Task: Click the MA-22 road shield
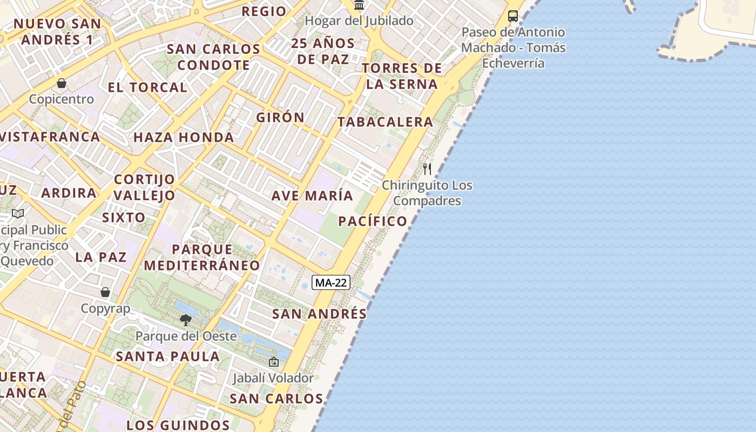point(331,282)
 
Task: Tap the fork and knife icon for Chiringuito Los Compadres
point(427,168)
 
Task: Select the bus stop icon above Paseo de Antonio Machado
point(513,16)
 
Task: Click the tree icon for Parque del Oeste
point(186,320)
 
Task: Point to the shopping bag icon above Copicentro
point(62,83)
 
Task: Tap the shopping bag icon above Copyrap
point(105,292)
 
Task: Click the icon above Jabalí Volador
point(273,362)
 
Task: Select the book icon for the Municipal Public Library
point(18,214)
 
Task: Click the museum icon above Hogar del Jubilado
point(359,5)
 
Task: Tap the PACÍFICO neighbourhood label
point(373,221)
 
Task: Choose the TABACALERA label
point(386,122)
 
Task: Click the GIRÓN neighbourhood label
point(280,117)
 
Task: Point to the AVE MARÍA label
point(312,195)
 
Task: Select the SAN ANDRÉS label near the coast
point(319,314)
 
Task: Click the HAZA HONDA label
point(184,137)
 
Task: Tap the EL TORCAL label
point(147,87)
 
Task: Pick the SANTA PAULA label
point(168,356)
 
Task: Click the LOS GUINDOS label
point(178,425)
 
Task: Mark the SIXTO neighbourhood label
point(124,218)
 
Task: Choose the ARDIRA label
point(69,193)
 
